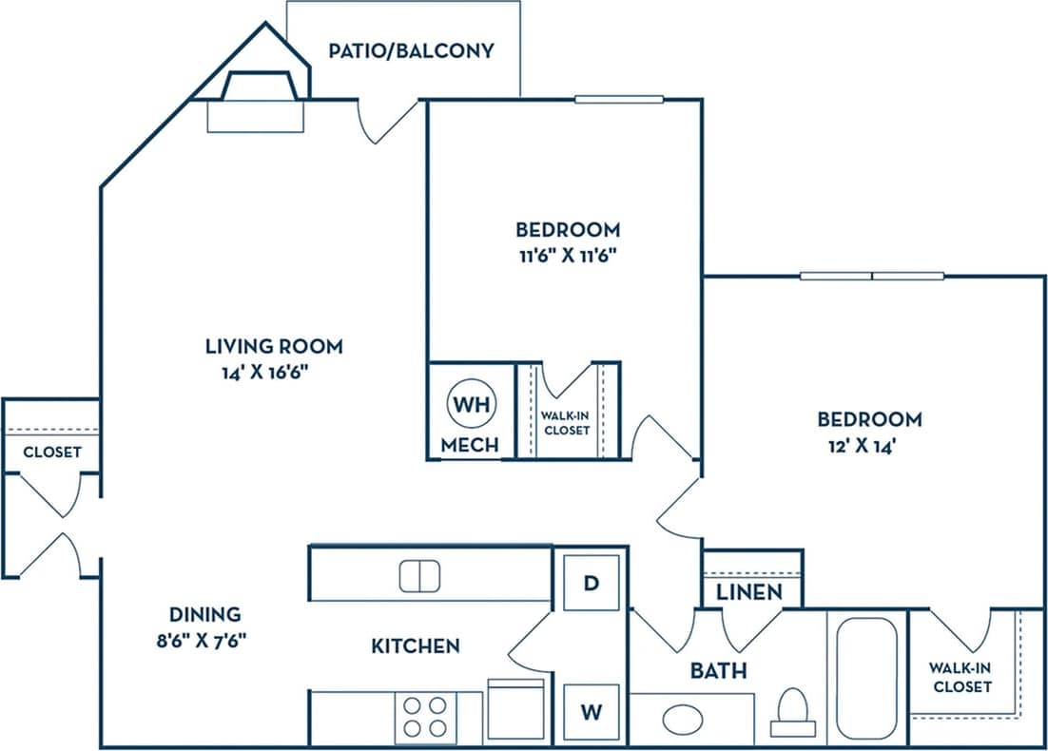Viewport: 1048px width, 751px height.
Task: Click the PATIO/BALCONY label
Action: [411, 50]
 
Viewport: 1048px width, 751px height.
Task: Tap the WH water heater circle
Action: [471, 403]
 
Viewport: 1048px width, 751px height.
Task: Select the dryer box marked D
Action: [591, 582]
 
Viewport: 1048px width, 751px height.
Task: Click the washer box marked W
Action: [591, 711]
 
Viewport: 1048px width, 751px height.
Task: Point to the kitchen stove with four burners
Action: [425, 718]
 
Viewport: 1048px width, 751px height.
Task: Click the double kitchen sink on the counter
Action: [419, 576]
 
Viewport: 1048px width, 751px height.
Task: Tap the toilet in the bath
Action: [792, 711]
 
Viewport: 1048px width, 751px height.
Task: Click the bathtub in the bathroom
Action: [866, 679]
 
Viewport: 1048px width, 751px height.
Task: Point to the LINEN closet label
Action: [749, 591]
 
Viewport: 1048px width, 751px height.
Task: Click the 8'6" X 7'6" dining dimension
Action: [204, 640]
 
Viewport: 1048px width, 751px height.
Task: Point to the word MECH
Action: [470, 445]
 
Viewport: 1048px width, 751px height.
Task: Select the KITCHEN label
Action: [415, 646]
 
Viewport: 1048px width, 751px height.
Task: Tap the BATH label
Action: [719, 671]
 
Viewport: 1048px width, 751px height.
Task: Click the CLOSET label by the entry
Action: [52, 453]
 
